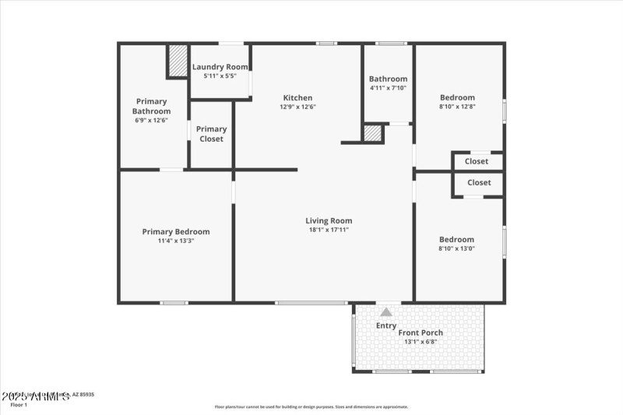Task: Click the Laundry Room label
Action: point(220,67)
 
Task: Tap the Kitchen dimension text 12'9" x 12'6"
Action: point(298,107)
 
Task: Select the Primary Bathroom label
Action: point(151,107)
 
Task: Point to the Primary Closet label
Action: point(211,134)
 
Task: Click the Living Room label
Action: point(329,220)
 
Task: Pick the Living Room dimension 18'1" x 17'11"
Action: point(329,230)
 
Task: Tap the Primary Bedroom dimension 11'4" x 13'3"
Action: point(175,241)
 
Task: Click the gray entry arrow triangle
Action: point(386,311)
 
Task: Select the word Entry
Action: point(386,325)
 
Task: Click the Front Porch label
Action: point(421,332)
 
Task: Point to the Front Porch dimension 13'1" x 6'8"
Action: point(421,342)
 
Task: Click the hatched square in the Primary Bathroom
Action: point(178,61)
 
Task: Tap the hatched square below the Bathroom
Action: point(373,133)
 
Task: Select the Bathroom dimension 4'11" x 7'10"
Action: point(388,88)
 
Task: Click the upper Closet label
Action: point(477,161)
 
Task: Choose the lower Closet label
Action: point(479,182)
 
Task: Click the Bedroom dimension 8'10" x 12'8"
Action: point(456,107)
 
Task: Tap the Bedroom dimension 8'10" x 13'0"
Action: point(456,249)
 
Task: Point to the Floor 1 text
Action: point(19,405)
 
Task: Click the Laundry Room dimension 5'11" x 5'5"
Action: point(220,76)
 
